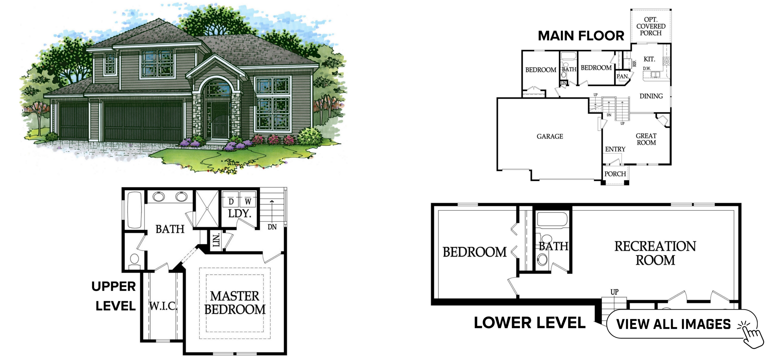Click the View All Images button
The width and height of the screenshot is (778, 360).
673,324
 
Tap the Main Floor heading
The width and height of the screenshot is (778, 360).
581,36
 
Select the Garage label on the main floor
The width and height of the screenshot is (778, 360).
550,136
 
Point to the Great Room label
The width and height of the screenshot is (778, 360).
646,139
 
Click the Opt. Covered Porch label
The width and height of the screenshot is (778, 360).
651,26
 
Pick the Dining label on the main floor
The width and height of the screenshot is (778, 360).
651,96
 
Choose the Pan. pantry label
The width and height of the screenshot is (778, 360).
622,77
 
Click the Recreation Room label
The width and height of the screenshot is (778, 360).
655,253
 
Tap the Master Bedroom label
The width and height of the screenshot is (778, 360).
235,303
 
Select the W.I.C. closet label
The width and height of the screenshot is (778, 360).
163,306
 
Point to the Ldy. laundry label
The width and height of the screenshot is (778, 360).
239,214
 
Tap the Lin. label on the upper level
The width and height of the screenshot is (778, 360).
216,240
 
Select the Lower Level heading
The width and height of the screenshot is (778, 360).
529,323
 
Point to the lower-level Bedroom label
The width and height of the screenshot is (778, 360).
474,252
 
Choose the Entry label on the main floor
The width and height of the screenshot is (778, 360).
615,149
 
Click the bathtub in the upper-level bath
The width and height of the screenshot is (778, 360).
134,210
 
